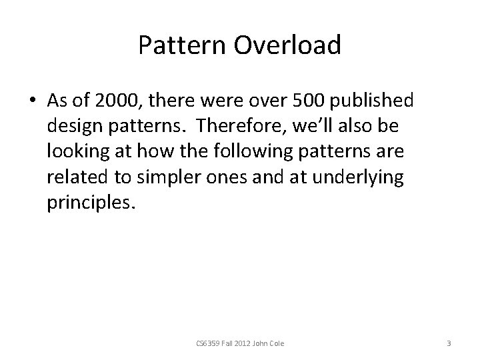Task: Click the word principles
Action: click(90, 202)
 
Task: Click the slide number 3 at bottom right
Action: click(449, 344)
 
